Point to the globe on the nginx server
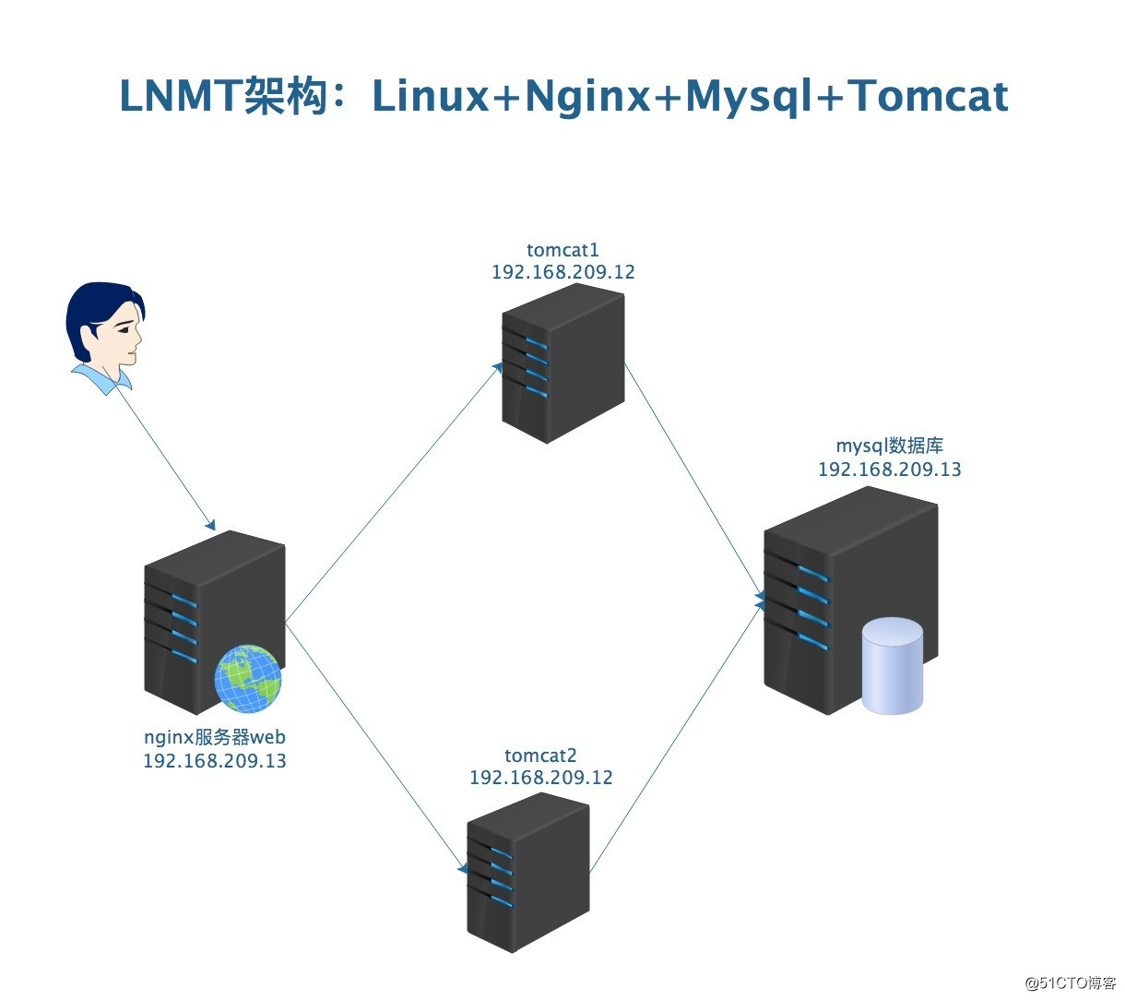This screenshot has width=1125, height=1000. pos(248,679)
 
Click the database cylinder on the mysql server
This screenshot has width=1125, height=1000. pos(892,666)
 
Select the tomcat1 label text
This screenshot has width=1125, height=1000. pos(562,250)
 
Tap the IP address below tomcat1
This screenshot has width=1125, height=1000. pos(562,272)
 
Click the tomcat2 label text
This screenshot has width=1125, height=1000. pos(540,756)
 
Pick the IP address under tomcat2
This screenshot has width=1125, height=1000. pos(540,778)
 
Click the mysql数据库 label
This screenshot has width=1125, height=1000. pos(889,446)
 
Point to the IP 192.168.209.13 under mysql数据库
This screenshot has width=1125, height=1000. pos(889,470)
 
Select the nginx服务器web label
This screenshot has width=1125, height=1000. pos(215,737)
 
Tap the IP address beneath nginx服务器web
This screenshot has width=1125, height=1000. pos(215,761)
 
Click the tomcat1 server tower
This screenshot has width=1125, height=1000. pos(562,364)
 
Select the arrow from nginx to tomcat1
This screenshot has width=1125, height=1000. pos(392,494)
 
